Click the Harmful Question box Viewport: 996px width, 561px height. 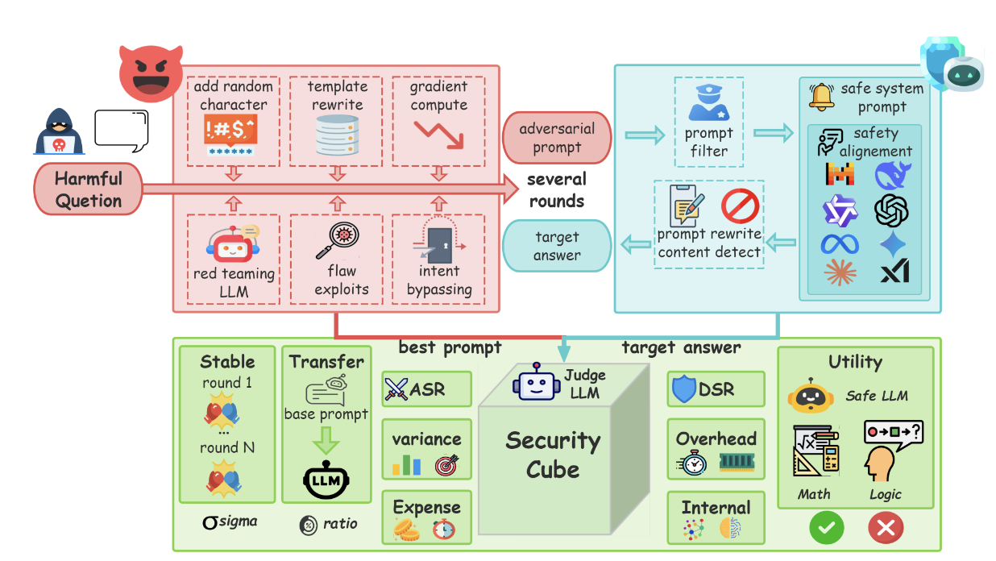[x=89, y=189]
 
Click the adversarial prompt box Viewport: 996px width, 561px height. [x=556, y=137]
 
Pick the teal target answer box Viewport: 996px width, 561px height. [x=556, y=246]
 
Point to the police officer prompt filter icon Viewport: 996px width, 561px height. [x=709, y=101]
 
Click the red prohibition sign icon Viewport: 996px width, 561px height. [x=740, y=206]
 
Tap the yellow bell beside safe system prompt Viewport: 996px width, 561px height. [x=822, y=96]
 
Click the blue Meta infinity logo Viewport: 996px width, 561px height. [x=840, y=243]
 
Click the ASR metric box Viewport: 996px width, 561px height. [x=426, y=389]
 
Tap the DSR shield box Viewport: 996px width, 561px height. [x=716, y=389]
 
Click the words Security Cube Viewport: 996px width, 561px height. [x=553, y=455]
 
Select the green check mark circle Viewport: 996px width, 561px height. [x=827, y=528]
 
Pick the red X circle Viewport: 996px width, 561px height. [x=886, y=528]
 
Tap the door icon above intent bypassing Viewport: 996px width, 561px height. [x=439, y=241]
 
